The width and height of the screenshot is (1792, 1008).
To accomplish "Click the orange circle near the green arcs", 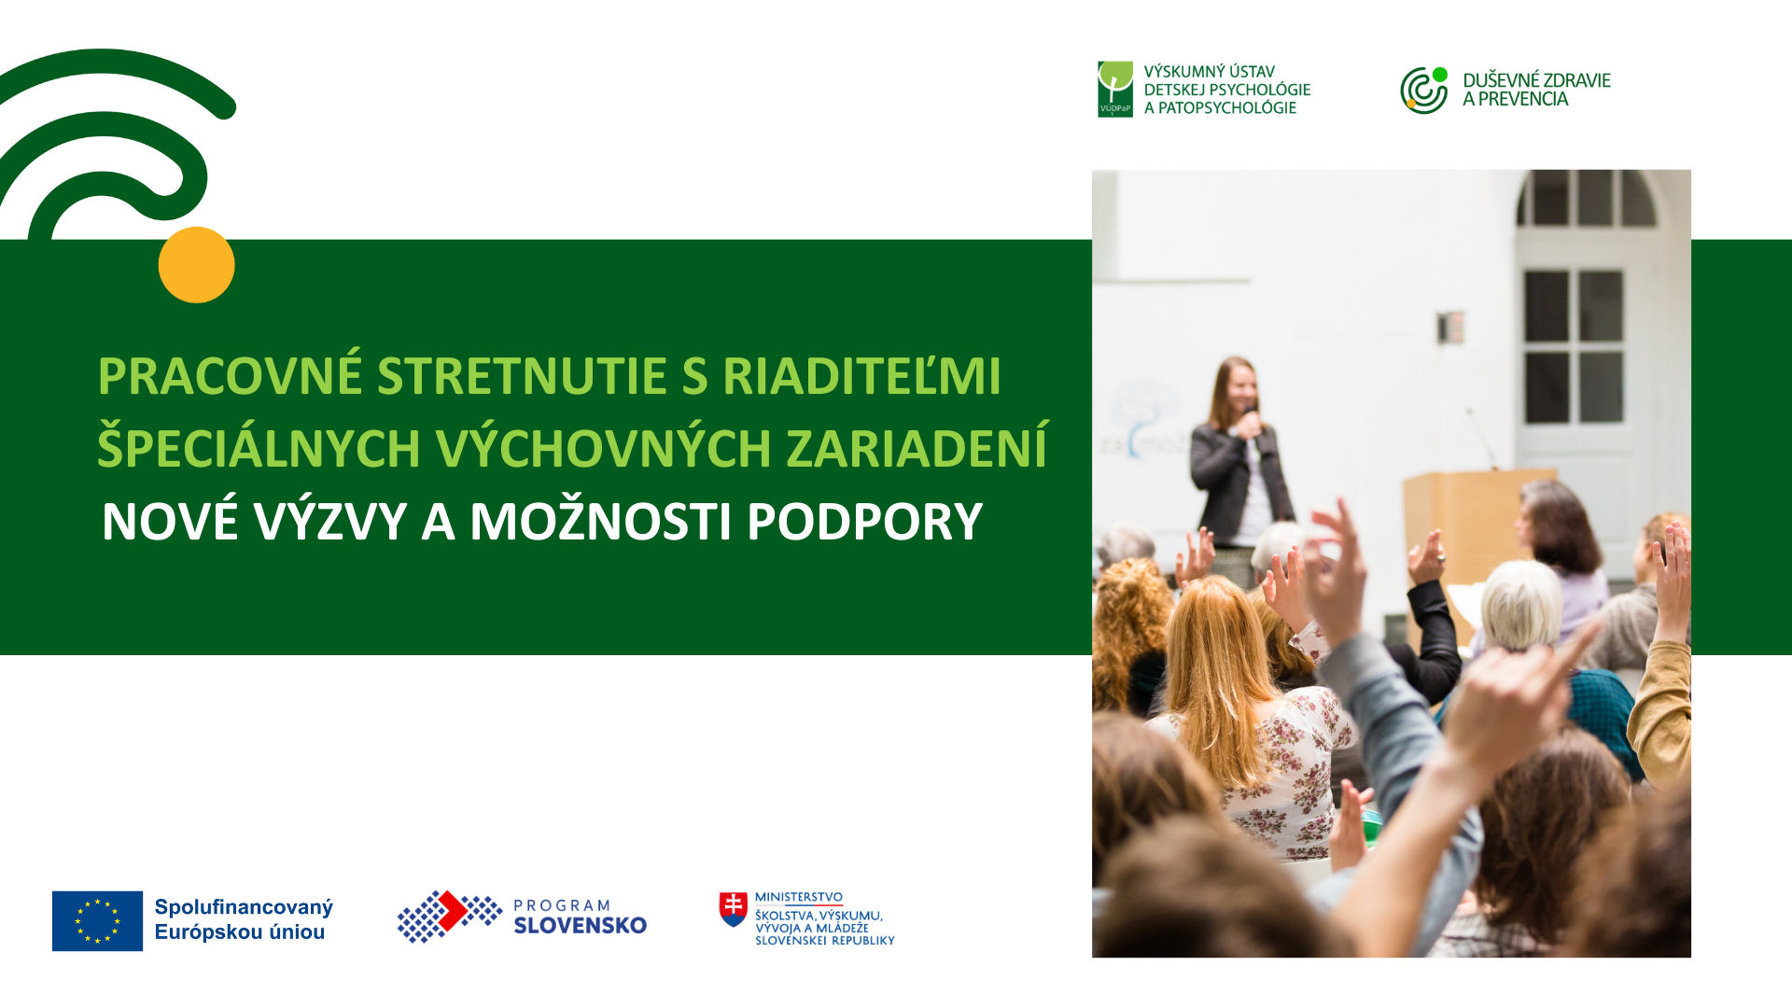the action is point(196,265).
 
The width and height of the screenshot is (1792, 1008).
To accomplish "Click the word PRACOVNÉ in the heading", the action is point(230,376).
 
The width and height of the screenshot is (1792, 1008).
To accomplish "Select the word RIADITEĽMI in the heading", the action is point(861,376).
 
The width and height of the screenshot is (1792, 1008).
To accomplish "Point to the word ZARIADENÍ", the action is point(917,448).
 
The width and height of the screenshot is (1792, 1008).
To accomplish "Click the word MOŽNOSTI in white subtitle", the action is point(600,521).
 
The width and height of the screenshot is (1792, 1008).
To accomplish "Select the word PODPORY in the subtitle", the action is point(864,522).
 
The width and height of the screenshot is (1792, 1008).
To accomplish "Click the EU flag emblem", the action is point(97,921).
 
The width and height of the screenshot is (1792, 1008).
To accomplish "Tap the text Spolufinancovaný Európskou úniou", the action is point(244,919).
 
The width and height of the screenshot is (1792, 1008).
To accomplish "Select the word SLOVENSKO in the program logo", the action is point(580,925).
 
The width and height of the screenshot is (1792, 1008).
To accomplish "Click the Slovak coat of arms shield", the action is point(733,909).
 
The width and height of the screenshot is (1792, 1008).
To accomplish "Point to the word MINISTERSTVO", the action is point(799,897).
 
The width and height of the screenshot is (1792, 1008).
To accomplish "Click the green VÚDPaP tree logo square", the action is point(1115,90).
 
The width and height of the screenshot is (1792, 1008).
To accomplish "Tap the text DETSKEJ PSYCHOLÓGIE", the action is point(1227,90).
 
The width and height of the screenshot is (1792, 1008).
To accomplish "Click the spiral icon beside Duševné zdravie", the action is point(1424,90).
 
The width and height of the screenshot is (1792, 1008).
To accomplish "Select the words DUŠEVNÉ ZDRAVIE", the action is point(1536,80).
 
